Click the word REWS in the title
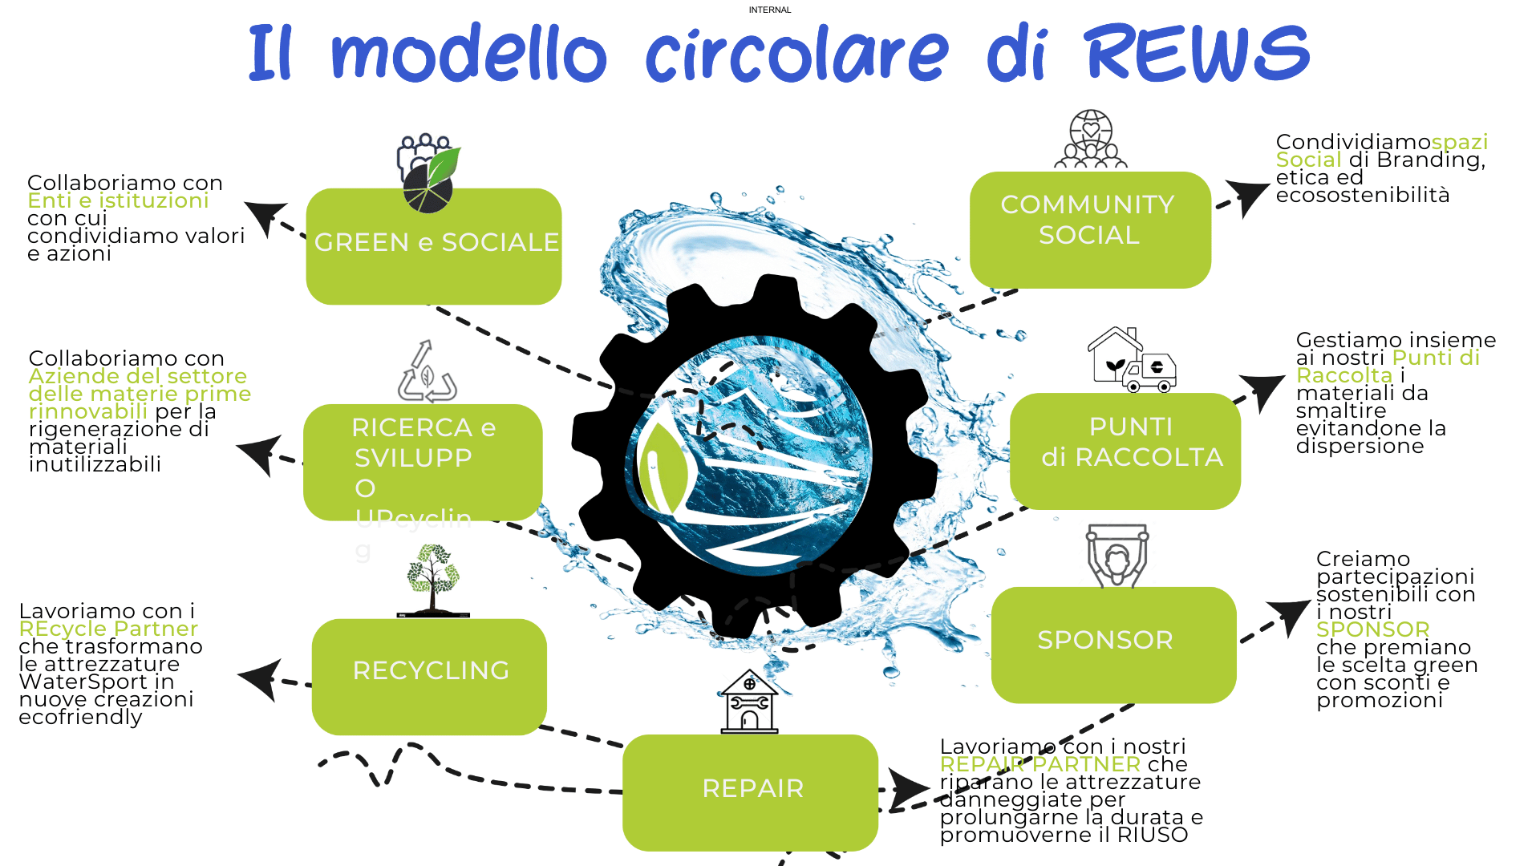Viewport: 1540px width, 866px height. [x=1197, y=53]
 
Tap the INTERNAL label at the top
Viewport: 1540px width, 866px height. [x=769, y=10]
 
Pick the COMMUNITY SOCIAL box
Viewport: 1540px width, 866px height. [x=1089, y=229]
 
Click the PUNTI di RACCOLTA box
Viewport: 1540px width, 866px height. [x=1125, y=450]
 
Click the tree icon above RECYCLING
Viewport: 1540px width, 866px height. [x=433, y=580]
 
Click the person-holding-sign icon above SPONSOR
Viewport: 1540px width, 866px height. [x=1116, y=556]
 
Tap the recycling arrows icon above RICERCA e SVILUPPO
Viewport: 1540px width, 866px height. [x=427, y=373]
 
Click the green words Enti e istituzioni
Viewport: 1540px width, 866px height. [x=118, y=200]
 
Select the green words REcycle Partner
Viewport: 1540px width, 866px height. [x=108, y=629]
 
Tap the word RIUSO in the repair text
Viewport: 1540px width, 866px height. [x=1152, y=836]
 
